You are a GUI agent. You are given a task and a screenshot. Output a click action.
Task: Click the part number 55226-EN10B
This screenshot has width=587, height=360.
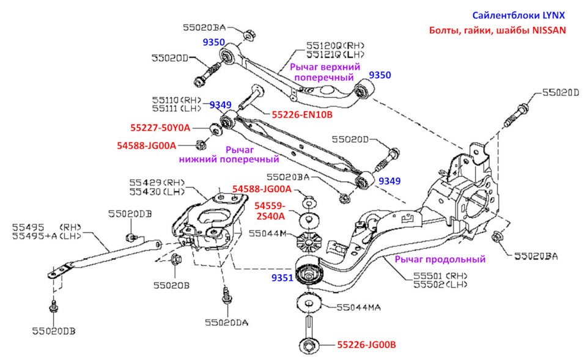[301, 114]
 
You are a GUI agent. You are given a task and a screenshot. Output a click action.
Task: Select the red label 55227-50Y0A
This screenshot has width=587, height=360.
[160, 128]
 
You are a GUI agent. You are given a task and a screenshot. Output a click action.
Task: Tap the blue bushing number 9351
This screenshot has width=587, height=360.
[282, 277]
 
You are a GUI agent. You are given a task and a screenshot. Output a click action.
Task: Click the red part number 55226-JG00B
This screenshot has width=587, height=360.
[366, 345]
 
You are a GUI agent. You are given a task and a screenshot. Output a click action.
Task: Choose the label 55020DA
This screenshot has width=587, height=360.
[227, 322]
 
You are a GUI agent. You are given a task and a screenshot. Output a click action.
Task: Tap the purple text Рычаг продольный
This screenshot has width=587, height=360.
[440, 259]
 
